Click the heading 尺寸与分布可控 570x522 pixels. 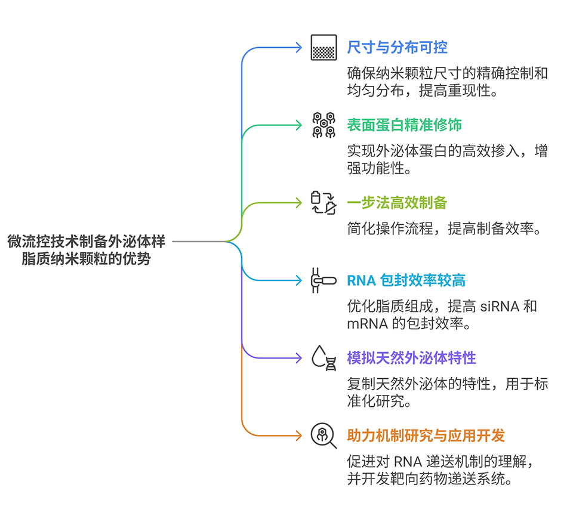point(397,47)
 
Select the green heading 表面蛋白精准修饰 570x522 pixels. point(404,125)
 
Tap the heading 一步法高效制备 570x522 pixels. point(397,202)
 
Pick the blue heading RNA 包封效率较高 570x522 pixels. point(406,280)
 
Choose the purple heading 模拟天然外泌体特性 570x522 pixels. point(411,358)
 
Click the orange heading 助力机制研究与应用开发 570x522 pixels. point(426,435)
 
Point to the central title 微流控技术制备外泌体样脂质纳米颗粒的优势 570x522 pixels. point(87,251)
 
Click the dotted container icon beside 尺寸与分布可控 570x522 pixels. point(323,48)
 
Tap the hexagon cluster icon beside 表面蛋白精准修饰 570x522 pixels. point(323,125)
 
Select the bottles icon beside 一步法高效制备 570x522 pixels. point(323,203)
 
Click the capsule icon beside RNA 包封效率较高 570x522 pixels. point(323,280)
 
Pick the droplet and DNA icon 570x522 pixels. point(323,358)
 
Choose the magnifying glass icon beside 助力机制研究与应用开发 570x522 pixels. point(323,435)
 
